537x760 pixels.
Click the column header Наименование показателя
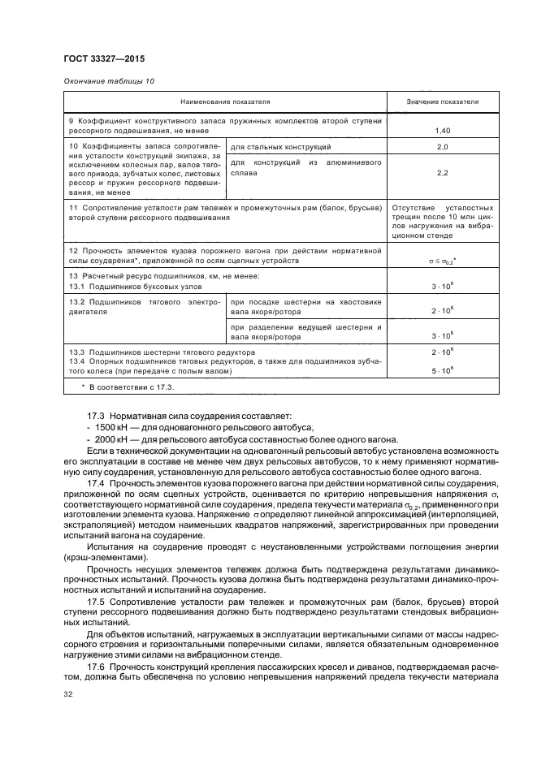225,103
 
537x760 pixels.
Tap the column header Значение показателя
442,103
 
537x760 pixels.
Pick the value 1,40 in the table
442,131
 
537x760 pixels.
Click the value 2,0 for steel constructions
442,148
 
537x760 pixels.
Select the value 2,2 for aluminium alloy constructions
442,173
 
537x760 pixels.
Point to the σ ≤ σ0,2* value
442,261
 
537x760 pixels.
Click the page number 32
68,694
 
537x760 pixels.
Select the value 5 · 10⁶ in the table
442,370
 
